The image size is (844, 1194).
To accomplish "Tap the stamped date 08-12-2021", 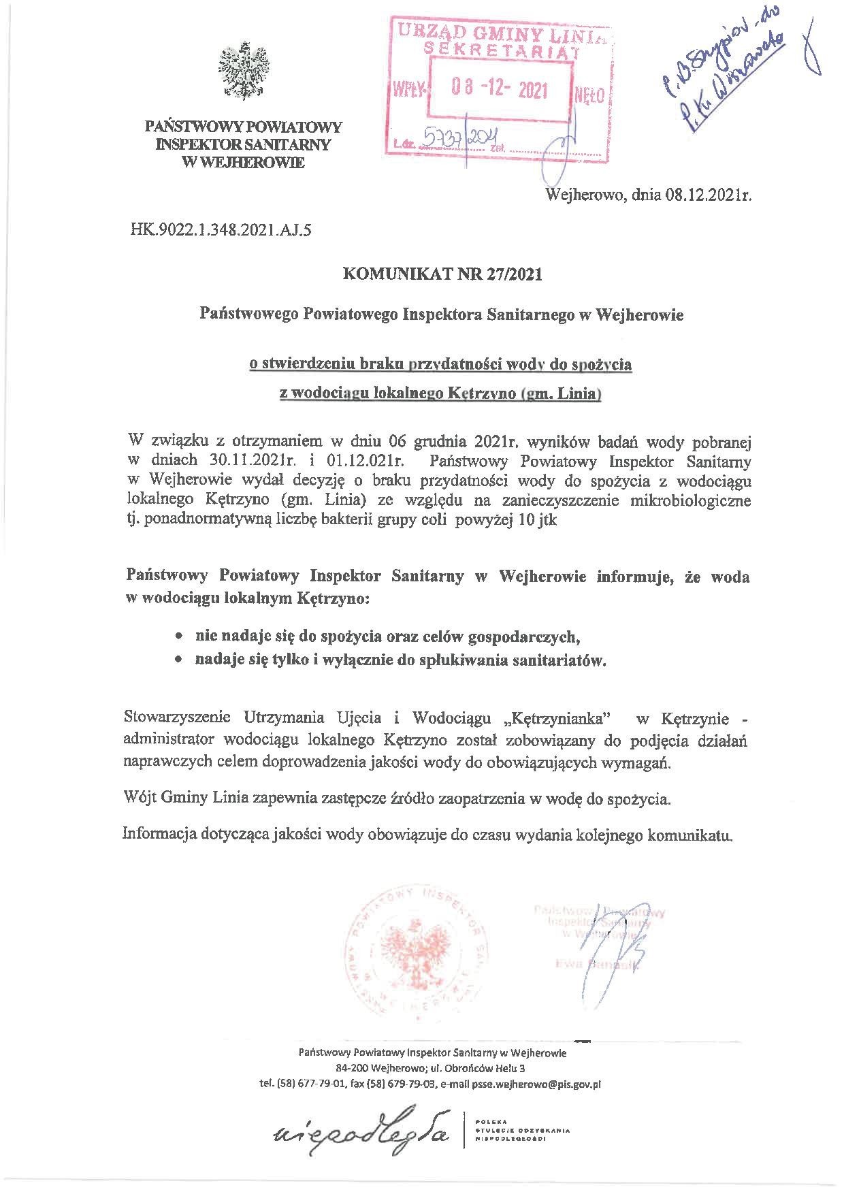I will tap(500, 91).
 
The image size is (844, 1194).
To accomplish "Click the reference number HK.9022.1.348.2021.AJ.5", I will tap(221, 230).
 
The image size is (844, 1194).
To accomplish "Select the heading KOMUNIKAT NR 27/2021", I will tap(443, 274).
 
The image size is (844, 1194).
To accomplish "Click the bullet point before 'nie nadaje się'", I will tap(178, 637).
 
